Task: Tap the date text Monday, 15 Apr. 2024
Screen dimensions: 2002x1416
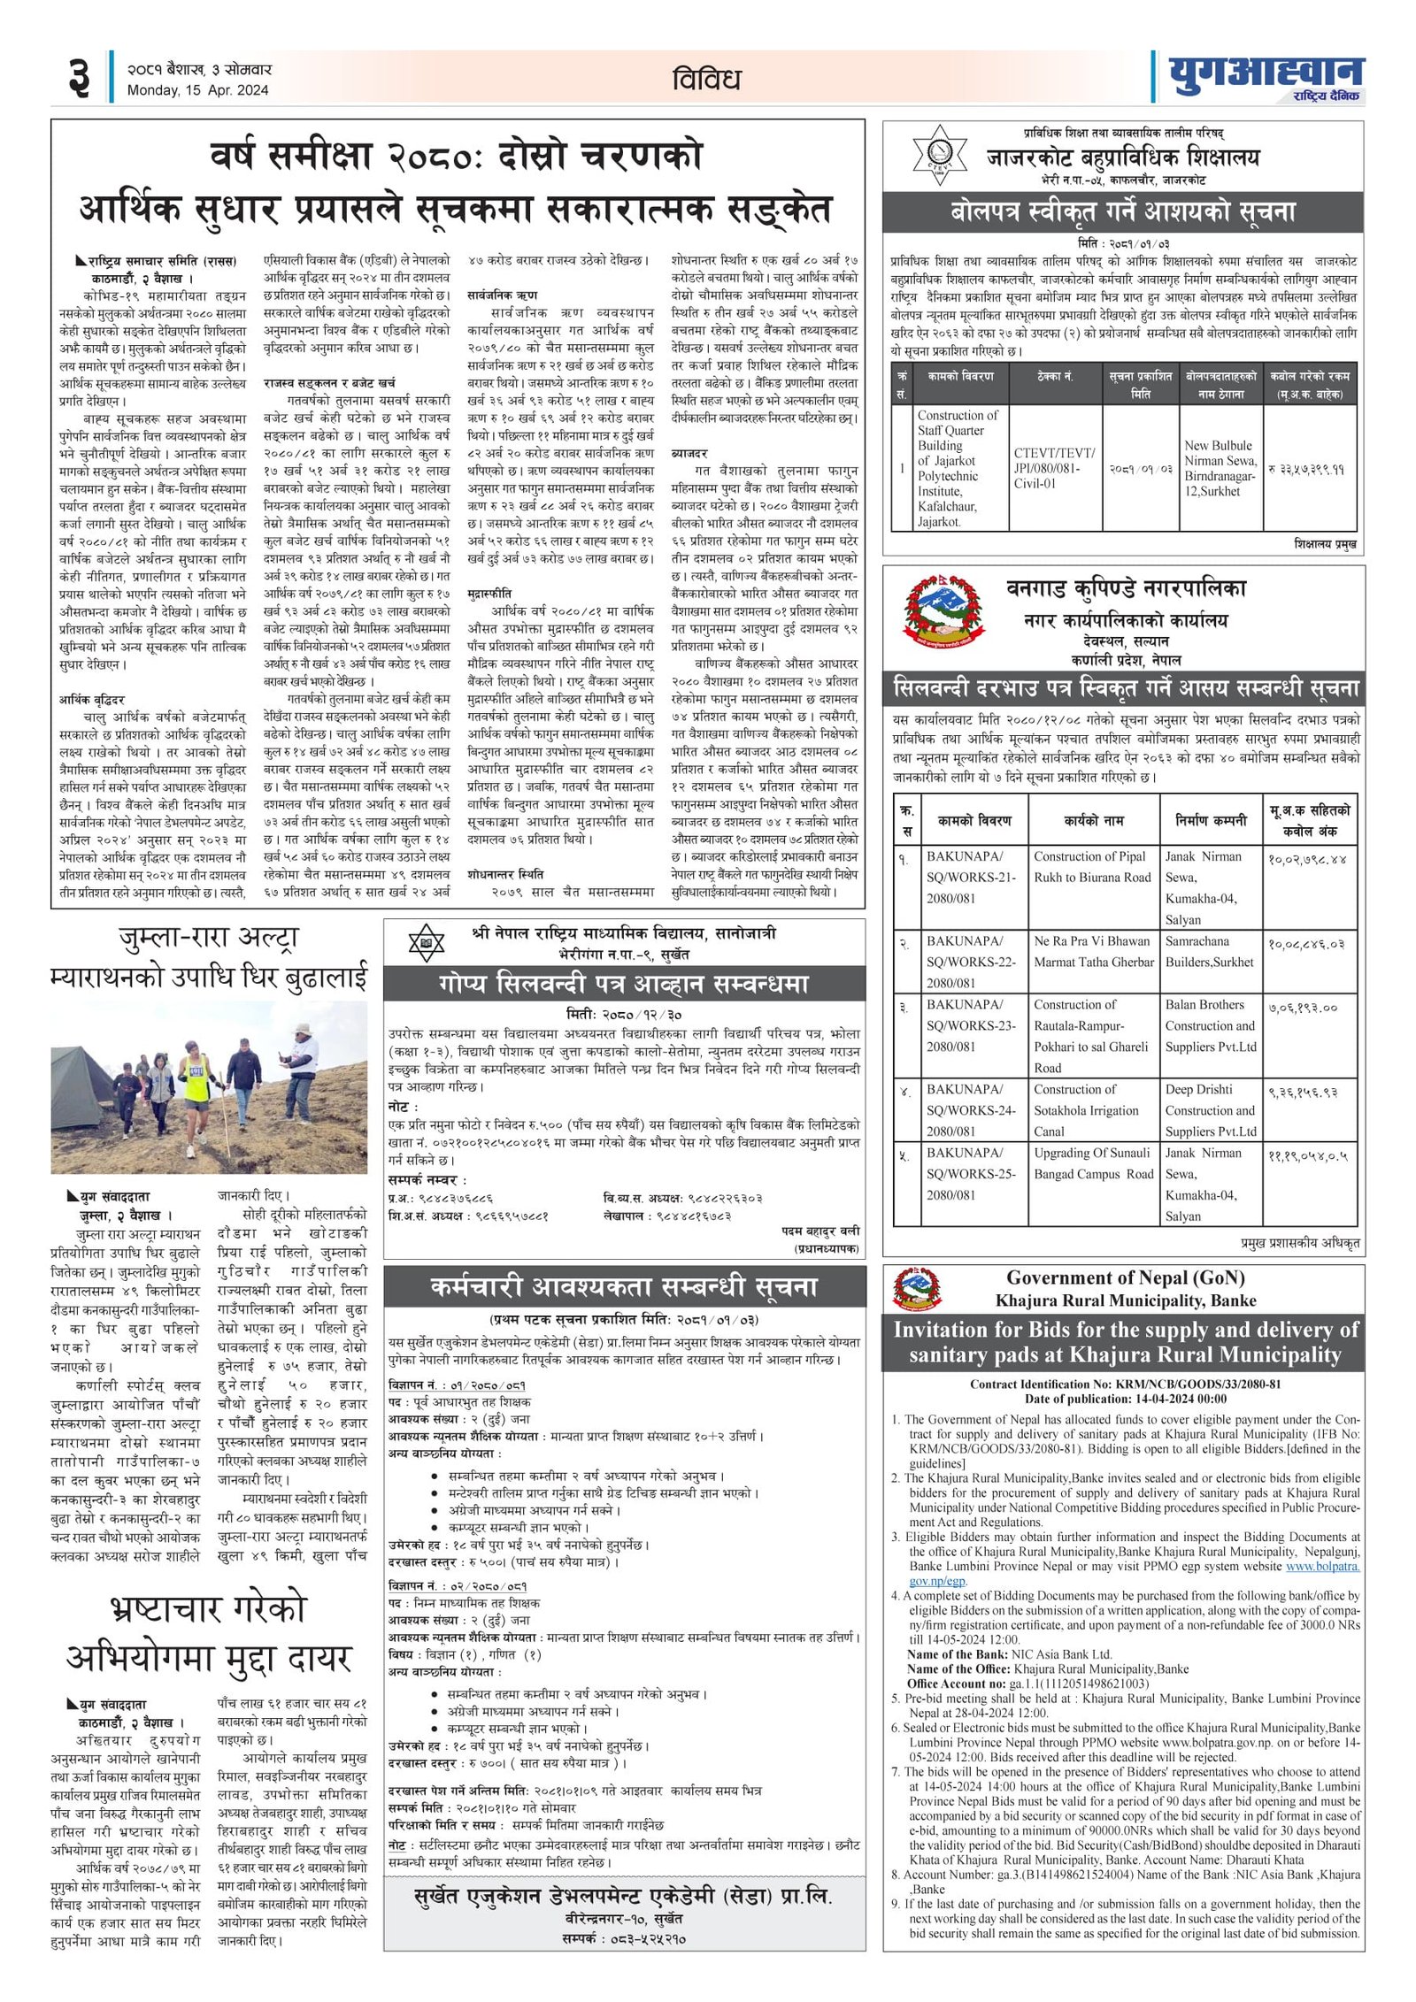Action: (197, 90)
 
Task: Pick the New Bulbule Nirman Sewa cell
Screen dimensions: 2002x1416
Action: (1220, 468)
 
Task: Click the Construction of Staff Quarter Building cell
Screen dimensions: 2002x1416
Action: (958, 468)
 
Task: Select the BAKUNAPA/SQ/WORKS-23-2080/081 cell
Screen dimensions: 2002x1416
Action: (971, 1025)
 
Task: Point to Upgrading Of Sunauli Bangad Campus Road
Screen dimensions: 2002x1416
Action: (1094, 1163)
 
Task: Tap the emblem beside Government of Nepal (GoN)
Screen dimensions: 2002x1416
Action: (916, 1289)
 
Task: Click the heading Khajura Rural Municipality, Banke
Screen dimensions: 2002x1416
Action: (1125, 1300)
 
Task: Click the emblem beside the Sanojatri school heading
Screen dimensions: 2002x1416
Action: (426, 943)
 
